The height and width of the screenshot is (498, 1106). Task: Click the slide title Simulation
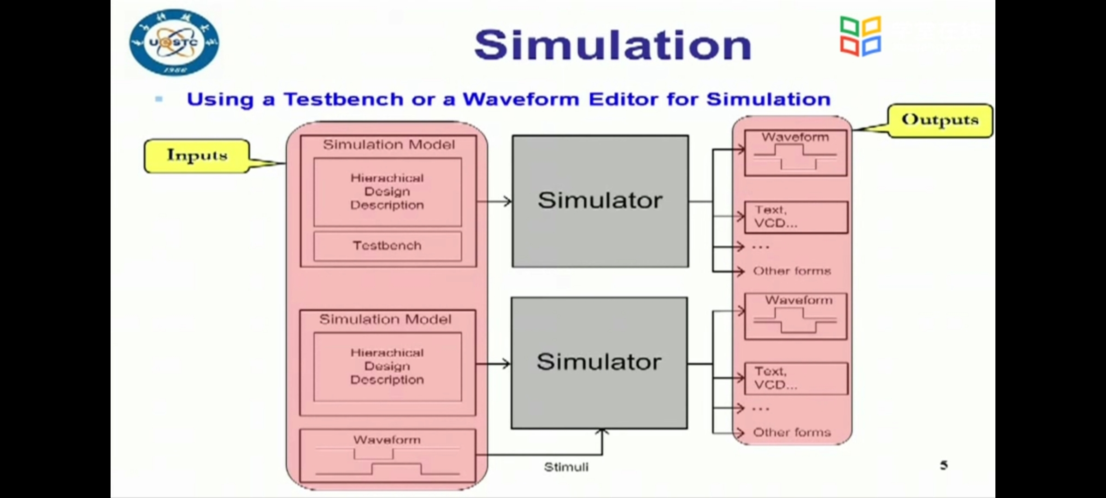click(x=613, y=45)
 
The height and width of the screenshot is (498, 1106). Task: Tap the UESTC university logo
click(x=174, y=43)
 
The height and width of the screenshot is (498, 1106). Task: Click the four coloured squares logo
click(x=860, y=36)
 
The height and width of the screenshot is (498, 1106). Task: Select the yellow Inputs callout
click(x=197, y=156)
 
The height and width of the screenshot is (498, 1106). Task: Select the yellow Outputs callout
click(x=940, y=120)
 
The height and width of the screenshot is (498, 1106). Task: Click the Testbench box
click(x=387, y=246)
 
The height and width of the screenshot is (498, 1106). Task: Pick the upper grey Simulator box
click(x=600, y=201)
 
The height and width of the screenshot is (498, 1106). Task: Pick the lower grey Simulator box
click(x=599, y=362)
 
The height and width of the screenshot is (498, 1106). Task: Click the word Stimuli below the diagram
click(x=566, y=467)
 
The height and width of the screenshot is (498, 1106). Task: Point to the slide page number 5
click(x=944, y=465)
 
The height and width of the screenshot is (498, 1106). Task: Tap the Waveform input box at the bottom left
click(x=387, y=456)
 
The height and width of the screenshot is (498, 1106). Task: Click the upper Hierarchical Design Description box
click(x=387, y=192)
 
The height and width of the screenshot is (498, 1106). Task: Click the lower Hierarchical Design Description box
click(x=387, y=367)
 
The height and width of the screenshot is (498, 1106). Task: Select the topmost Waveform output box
click(x=795, y=153)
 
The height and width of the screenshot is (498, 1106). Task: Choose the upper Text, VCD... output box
click(x=796, y=217)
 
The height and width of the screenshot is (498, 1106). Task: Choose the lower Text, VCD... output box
click(x=796, y=378)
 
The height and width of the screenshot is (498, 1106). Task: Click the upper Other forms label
click(x=792, y=271)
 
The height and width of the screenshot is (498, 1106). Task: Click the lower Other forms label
click(x=792, y=433)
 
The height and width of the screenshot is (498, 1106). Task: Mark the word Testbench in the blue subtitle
click(x=344, y=100)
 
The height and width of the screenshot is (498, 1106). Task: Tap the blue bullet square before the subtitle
click(x=159, y=99)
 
